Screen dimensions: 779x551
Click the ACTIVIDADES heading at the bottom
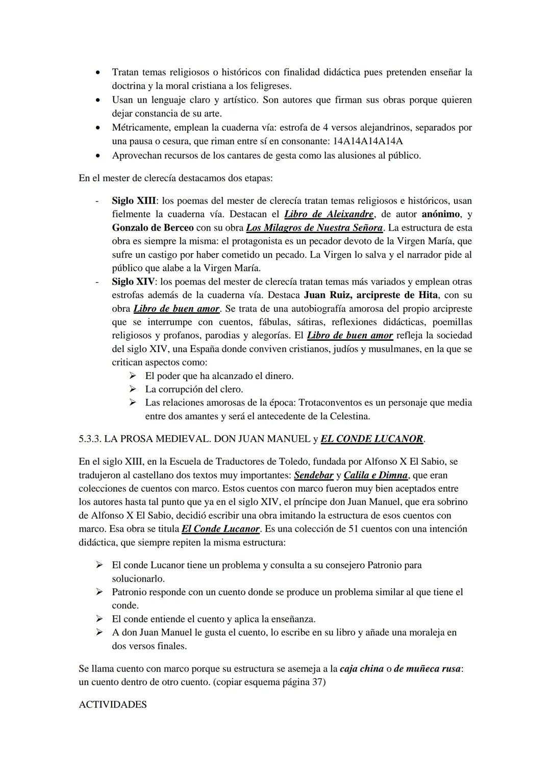pos(112,705)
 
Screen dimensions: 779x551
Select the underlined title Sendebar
pos(313,475)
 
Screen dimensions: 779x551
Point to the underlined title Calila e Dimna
pos(375,475)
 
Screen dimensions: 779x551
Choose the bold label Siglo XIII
pos(134,201)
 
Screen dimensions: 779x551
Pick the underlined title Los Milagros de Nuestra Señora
pos(314,228)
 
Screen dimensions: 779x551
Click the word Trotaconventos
pos(332,403)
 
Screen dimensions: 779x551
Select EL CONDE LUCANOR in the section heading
pos(372,439)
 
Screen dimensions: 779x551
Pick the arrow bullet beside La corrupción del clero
pos(133,389)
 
